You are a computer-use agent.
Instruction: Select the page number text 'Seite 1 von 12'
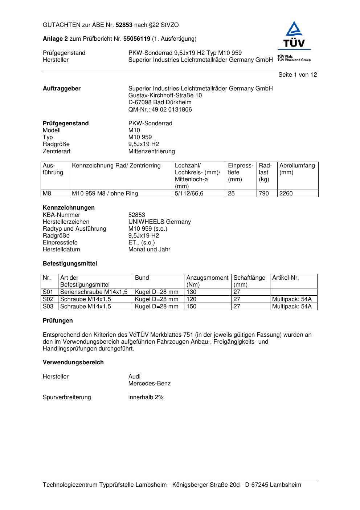[298, 75]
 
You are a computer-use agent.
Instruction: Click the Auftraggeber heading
[62, 89]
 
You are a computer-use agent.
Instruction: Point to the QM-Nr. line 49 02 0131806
[160, 110]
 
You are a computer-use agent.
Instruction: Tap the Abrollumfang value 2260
[286, 194]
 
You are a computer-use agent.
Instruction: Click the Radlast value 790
[264, 194]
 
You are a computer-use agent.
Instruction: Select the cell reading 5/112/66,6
[189, 194]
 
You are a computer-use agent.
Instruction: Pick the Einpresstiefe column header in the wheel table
[241, 173]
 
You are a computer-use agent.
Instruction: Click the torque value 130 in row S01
[191, 292]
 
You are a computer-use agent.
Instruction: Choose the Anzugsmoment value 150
[191, 307]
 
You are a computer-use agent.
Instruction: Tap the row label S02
[48, 299]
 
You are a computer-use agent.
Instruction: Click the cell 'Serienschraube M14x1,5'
[94, 292]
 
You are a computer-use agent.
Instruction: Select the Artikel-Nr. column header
[286, 278]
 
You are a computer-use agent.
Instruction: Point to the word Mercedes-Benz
[150, 384]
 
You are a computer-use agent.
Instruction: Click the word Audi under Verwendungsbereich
[134, 377]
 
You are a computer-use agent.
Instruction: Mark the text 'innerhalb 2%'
[146, 397]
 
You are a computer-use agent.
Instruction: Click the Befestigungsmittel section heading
[70, 264]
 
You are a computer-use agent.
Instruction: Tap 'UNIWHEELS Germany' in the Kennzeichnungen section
[160, 222]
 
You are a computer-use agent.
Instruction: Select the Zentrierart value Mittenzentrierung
[152, 151]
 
